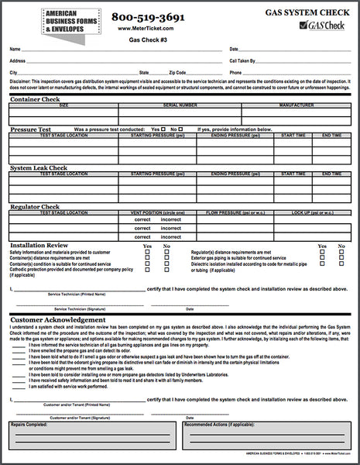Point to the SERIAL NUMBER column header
point(180,105)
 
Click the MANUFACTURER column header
point(297,105)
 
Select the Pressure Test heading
point(31,129)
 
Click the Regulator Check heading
point(36,206)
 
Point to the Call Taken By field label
point(245,60)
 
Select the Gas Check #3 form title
point(146,39)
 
